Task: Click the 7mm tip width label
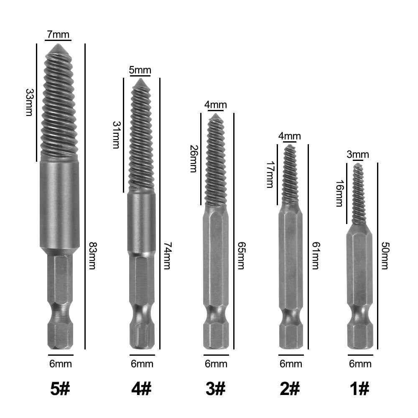click(x=58, y=35)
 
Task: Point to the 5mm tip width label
click(x=140, y=70)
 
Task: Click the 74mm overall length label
click(x=168, y=256)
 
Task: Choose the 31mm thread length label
click(x=116, y=135)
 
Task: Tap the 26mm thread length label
click(x=194, y=158)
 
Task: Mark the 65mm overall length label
click(x=241, y=256)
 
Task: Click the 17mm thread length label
click(x=270, y=175)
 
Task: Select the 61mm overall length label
click(x=315, y=256)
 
